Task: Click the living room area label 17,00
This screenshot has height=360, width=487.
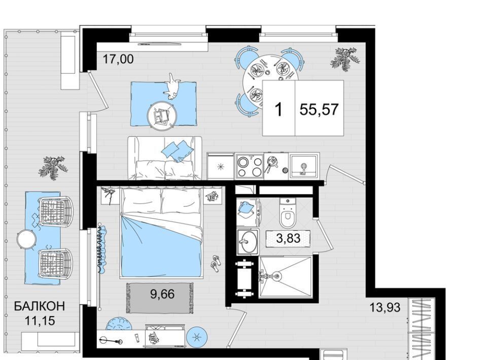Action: [x=118, y=59]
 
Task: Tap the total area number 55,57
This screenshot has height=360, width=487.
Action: [x=319, y=109]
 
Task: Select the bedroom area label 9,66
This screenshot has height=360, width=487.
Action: [x=162, y=294]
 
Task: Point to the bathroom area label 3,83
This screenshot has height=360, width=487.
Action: [x=288, y=238]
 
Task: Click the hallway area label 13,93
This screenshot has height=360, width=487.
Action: [x=385, y=308]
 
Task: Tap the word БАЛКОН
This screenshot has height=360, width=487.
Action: [x=40, y=306]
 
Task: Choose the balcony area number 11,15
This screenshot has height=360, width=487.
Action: [x=40, y=320]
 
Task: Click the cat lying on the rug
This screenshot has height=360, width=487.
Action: [x=172, y=87]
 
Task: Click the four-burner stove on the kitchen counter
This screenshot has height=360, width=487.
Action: [x=250, y=167]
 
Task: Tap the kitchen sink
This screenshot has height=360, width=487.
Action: [x=303, y=166]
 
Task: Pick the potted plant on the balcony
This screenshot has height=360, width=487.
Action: [x=53, y=167]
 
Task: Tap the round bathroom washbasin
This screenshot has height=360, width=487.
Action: [x=248, y=242]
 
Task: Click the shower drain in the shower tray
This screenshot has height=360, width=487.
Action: [x=275, y=275]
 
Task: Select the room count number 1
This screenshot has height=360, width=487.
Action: [x=279, y=110]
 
